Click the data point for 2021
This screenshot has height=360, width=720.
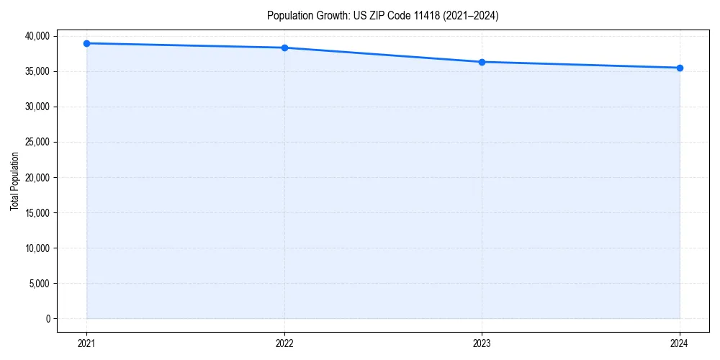(x=86, y=43)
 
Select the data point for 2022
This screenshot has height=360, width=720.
(x=284, y=48)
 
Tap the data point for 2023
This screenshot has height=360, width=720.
(x=482, y=62)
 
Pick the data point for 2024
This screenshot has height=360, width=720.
(x=680, y=68)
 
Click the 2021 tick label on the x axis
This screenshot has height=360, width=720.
(x=86, y=343)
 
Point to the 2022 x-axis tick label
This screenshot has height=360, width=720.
(x=284, y=343)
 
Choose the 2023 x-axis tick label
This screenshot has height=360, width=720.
(x=482, y=343)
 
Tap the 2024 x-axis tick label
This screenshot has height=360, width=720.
(x=680, y=343)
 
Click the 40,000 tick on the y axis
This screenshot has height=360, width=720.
(x=37, y=36)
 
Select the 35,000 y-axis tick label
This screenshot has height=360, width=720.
(x=37, y=71)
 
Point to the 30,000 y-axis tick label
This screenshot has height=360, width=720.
(x=37, y=107)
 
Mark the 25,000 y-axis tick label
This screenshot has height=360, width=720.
(x=37, y=142)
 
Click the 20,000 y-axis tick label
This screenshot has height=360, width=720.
(x=37, y=177)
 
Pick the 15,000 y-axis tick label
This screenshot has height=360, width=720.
(x=37, y=212)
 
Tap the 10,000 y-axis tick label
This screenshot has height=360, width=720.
(x=37, y=248)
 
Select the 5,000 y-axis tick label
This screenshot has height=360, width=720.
(x=39, y=283)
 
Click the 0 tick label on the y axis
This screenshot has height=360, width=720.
(x=48, y=318)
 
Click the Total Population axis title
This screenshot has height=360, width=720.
(x=14, y=181)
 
